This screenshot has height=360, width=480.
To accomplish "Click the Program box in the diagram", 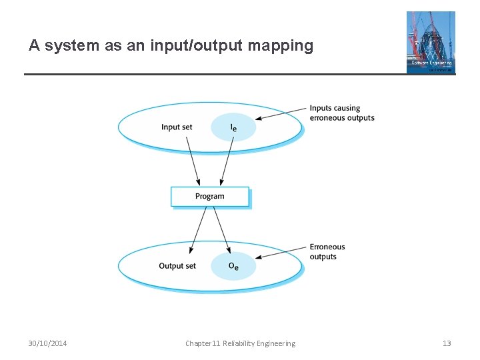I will click(210, 197).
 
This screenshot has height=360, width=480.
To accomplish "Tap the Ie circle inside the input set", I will click(233, 127).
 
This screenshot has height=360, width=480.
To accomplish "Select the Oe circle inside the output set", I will click(233, 267).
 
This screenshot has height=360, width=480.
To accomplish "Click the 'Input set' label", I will click(177, 127).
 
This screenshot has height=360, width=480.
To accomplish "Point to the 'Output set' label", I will click(177, 266).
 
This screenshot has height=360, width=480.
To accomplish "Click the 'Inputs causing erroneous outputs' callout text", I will click(341, 113).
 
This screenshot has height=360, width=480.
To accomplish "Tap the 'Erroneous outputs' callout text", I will click(327, 252).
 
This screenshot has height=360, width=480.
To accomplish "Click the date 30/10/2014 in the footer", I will click(47, 343).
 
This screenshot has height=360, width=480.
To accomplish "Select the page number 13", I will click(447, 343).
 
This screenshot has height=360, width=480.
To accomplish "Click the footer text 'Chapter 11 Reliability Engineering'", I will click(240, 343).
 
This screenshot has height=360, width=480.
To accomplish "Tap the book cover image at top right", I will click(431, 42).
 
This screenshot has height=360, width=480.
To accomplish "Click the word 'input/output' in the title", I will click(192, 46).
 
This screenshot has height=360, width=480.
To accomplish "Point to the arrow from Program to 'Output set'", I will click(198, 230).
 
